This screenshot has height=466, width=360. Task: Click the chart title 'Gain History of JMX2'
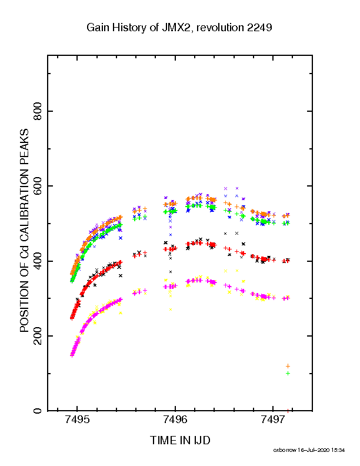pyautogui.click(x=139, y=28)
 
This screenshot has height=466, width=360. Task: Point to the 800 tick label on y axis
pyautogui.click(x=38, y=111)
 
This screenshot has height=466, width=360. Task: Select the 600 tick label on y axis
pyautogui.click(x=38, y=186)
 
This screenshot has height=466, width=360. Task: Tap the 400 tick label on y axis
pyautogui.click(x=38, y=261)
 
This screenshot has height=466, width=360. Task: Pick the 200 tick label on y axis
pyautogui.click(x=38, y=336)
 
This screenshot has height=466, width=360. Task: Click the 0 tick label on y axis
pyautogui.click(x=38, y=411)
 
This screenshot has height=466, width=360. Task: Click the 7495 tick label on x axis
pyautogui.click(x=77, y=419)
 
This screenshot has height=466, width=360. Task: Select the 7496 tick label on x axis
pyautogui.click(x=175, y=419)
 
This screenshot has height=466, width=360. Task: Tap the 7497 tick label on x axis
pyautogui.click(x=273, y=419)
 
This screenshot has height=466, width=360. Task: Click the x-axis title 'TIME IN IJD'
pyautogui.click(x=180, y=440)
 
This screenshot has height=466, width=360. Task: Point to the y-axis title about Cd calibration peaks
pyautogui.click(x=24, y=230)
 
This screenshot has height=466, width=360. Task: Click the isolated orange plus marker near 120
pyautogui.click(x=288, y=366)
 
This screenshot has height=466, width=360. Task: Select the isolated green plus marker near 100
pyautogui.click(x=288, y=373)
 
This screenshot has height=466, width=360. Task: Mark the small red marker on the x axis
pyautogui.click(x=288, y=411)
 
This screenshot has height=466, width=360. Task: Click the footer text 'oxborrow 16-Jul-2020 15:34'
pyautogui.click(x=309, y=450)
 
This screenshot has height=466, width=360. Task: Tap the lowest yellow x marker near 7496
pyautogui.click(x=171, y=309)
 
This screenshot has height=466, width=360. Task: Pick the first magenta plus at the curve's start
pyautogui.click(x=72, y=355)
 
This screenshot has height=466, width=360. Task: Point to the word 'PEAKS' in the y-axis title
pyautogui.click(x=24, y=147)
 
